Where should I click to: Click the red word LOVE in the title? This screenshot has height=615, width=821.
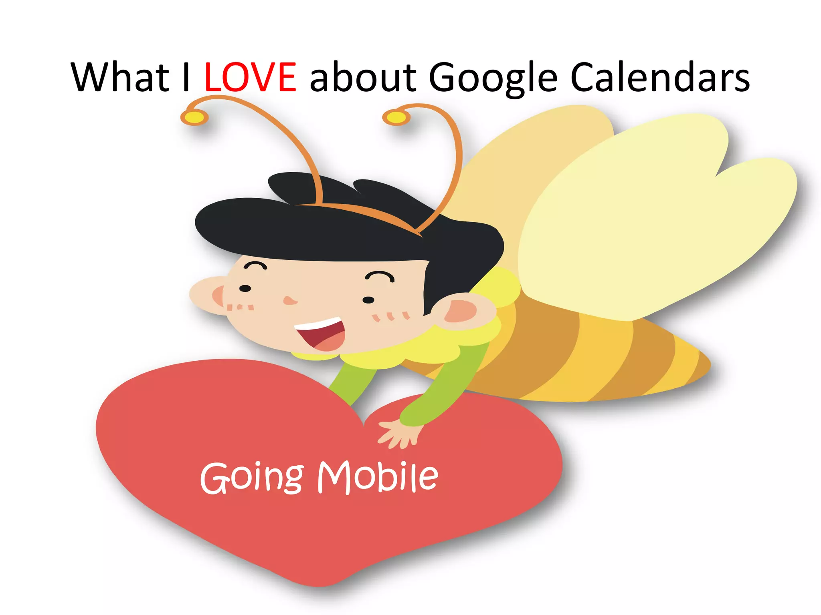coord(250,77)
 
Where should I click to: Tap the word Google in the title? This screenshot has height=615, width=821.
coord(493,78)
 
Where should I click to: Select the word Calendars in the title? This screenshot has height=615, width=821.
coord(659,77)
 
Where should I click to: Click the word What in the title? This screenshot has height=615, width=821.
coord(120,77)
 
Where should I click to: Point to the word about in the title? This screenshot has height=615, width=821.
coord(363,77)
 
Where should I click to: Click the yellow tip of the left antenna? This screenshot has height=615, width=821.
coord(195,117)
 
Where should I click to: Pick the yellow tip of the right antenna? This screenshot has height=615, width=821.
coord(396,117)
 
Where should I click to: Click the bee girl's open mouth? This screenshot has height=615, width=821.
coord(323,334)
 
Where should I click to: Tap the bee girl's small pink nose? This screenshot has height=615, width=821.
coord(289,300)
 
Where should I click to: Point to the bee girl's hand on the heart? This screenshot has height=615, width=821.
coord(399,434)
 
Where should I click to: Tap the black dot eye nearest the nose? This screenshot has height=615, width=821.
coord(245,288)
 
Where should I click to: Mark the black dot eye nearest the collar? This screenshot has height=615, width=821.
coord(368,300)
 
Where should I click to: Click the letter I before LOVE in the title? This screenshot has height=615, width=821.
coord(186,77)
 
